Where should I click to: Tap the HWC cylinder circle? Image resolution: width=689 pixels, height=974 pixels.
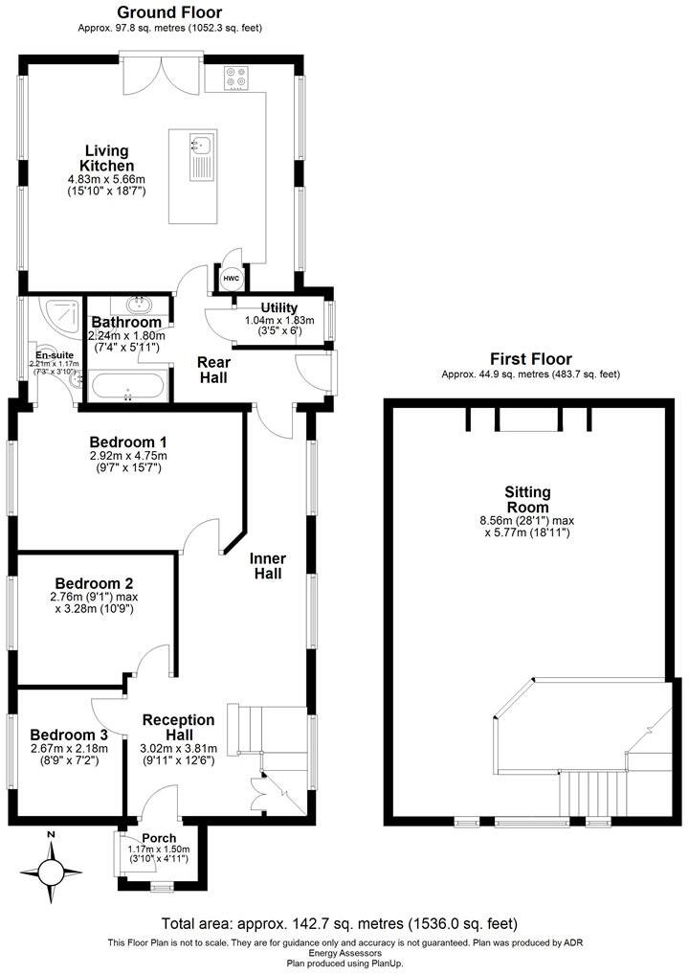[232, 278]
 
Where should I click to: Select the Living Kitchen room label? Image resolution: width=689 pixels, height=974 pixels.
[106, 158]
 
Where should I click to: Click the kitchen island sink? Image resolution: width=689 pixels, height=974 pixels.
[201, 147]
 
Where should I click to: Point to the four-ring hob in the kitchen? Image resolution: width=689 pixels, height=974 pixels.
[237, 79]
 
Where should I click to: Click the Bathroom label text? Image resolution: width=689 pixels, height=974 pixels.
[126, 323]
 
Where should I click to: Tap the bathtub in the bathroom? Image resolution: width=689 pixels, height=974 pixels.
[128, 388]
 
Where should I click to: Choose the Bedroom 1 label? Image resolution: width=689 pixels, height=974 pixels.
[128, 442]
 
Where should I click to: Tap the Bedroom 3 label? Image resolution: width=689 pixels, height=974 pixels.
[69, 735]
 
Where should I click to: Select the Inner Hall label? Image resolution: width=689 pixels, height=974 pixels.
[267, 565]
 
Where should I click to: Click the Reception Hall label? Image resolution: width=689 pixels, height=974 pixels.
[179, 727]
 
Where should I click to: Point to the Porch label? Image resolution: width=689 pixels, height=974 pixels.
[158, 838]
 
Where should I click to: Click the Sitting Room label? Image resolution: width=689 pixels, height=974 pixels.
[527, 500]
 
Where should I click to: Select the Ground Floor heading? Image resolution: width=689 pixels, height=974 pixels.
[169, 12]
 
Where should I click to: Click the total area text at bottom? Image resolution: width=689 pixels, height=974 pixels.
[340, 924]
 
